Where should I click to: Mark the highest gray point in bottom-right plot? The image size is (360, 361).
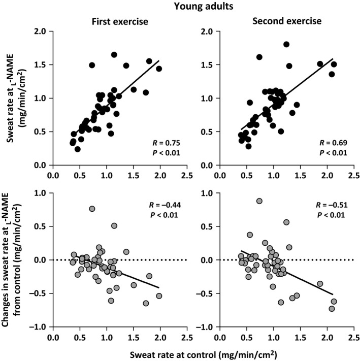259,201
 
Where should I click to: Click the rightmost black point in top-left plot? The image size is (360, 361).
159,69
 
